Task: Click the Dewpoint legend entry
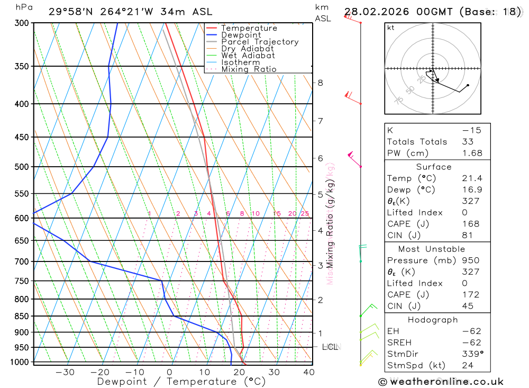[x=241, y=35]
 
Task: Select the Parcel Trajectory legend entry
[x=260, y=42]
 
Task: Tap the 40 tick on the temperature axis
[x=308, y=372]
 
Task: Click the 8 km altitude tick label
[x=321, y=83]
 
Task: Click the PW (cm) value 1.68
[x=472, y=153]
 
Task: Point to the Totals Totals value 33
[x=467, y=142]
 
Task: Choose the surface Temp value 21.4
[x=472, y=178]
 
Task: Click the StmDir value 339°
[x=472, y=354]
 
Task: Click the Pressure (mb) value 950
[x=470, y=260]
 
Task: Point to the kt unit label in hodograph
[x=391, y=28]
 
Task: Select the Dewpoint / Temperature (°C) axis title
[x=181, y=382]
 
